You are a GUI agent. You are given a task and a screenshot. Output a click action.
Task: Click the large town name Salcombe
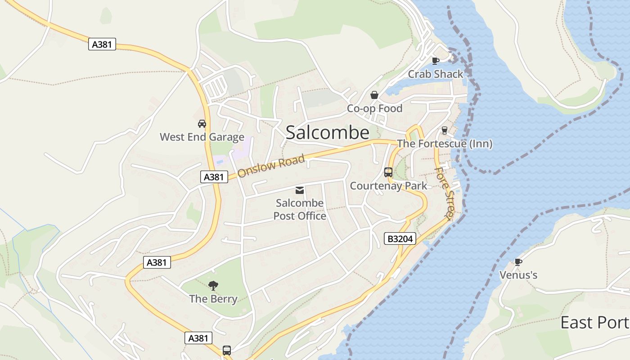click(327, 133)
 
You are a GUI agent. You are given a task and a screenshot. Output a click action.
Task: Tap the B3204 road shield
click(400, 238)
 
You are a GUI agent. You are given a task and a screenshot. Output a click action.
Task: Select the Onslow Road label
click(271, 166)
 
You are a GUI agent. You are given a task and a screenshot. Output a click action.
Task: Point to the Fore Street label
click(445, 193)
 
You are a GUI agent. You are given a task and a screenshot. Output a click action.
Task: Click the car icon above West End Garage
click(202, 123)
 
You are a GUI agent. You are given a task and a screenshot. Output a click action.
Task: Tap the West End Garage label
click(202, 137)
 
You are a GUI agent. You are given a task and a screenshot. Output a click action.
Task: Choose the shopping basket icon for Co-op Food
click(374, 95)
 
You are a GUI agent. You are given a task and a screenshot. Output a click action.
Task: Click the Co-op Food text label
click(374, 108)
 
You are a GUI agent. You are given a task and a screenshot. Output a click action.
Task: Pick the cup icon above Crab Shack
click(435, 61)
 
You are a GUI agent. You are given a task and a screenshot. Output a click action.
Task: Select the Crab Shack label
click(435, 74)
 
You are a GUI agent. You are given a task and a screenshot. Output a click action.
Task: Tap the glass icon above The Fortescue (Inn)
click(445, 130)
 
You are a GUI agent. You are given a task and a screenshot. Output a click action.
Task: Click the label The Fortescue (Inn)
click(445, 144)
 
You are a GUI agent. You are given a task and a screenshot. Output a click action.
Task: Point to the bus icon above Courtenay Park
click(388, 172)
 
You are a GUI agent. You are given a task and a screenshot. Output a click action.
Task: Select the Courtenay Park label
click(388, 186)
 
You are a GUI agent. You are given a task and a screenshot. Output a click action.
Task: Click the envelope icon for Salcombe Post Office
click(300, 190)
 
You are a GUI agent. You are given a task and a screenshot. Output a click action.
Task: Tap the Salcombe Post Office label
click(300, 210)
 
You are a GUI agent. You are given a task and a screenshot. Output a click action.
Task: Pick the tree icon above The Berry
click(213, 285)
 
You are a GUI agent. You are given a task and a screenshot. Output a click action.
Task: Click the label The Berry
click(213, 299)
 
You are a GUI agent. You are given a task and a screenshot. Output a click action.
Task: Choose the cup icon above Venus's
click(518, 261)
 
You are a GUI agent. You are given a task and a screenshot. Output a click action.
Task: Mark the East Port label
click(594, 323)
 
